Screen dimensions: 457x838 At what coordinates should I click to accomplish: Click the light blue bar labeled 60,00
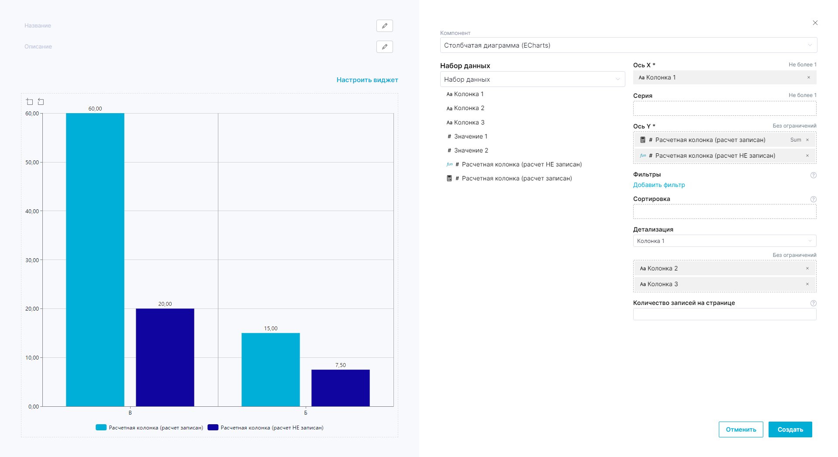coord(95,260)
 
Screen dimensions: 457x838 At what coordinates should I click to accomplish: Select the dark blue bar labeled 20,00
coord(165,357)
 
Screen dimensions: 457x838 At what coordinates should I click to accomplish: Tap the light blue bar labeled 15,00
coord(271,370)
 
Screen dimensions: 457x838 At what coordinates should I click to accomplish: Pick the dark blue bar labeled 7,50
coord(341,388)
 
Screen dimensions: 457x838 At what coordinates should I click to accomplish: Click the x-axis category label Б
coord(306,413)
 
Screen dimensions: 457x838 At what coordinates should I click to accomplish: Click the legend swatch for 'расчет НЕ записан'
coord(213,428)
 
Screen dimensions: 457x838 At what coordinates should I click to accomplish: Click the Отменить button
coord(741,429)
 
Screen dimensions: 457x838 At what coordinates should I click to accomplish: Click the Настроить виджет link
coord(367,80)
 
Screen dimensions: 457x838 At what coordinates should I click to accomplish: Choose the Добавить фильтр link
coord(659,185)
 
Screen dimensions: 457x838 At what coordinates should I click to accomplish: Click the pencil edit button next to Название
coord(385,26)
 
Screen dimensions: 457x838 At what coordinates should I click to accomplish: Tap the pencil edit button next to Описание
coord(385,47)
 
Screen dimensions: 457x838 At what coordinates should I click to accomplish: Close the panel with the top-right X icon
coord(815,23)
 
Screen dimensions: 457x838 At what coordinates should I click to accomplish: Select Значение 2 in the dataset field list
coord(471,150)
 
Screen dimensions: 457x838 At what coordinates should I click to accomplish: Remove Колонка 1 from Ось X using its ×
coord(809,78)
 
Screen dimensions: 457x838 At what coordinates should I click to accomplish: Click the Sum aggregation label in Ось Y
coord(796,140)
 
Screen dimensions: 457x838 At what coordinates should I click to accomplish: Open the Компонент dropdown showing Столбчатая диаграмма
coord(628,45)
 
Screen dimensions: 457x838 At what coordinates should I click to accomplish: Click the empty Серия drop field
coord(724,108)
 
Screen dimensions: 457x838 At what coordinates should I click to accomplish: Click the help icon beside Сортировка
coord(814,199)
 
